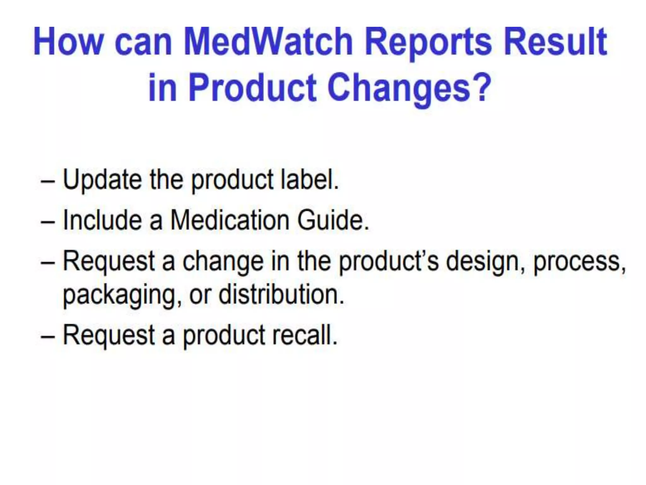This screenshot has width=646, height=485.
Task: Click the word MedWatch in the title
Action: [x=268, y=42]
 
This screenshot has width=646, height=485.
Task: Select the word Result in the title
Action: [x=555, y=42]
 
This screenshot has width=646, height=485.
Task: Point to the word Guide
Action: [x=332, y=220]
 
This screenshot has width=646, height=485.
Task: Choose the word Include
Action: [x=103, y=220]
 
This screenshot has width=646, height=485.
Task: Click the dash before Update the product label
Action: [x=48, y=183]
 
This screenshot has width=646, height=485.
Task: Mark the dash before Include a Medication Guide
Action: [x=48, y=222]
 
